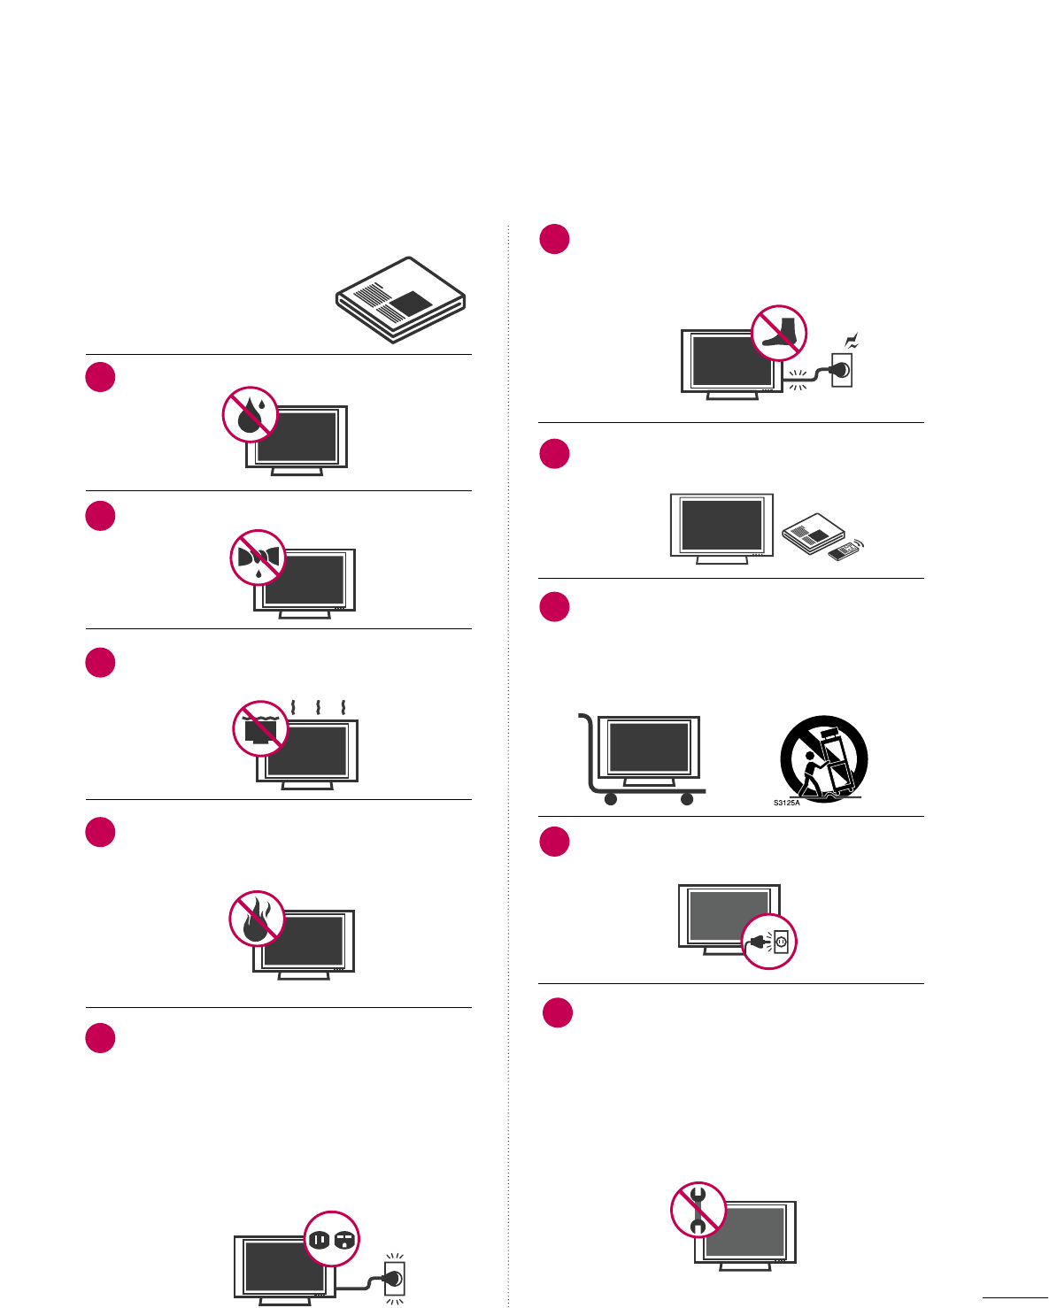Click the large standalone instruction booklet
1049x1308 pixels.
point(400,299)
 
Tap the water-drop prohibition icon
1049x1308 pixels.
point(251,413)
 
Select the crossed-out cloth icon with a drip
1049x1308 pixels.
point(258,558)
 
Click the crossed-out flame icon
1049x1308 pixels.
point(257,918)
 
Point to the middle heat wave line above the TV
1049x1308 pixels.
point(318,708)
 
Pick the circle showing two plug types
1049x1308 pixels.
point(332,1239)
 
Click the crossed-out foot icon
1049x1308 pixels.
point(779,333)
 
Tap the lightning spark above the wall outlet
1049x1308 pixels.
point(852,341)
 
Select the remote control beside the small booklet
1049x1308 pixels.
point(845,551)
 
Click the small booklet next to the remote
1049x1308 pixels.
point(814,533)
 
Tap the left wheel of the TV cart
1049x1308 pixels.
point(610,799)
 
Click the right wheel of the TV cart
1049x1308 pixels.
point(687,799)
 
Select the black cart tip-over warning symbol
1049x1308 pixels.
point(824,758)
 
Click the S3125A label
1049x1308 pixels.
point(786,803)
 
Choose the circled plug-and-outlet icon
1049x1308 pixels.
point(769,942)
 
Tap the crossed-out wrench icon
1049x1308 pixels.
point(698,1209)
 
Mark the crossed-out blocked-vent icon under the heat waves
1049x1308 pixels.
point(260,728)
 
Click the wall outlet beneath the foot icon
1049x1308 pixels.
point(841,369)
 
